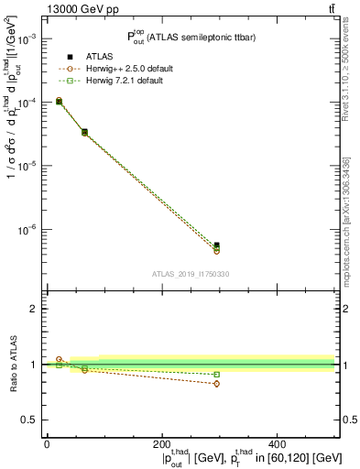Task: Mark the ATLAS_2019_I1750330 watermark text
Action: [x=191, y=274]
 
